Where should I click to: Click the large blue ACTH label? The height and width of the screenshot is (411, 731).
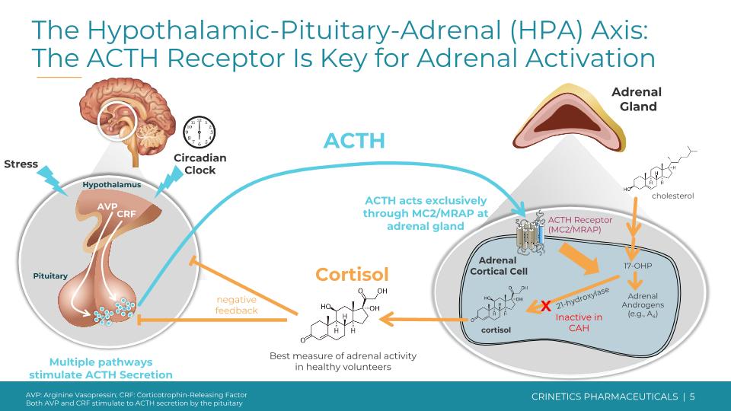tap(354, 141)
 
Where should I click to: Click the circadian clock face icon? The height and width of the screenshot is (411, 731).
tap(200, 132)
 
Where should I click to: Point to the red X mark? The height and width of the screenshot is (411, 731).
tap(545, 307)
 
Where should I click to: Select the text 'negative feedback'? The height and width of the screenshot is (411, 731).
tap(236, 304)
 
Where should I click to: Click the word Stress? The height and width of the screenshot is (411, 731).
tap(21, 164)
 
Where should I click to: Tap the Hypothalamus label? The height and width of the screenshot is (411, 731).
tap(111, 184)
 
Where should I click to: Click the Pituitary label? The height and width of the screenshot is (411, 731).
tap(50, 276)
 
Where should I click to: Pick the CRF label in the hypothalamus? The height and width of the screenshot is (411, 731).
tap(126, 214)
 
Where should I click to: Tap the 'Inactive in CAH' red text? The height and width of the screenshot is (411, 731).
tap(578, 323)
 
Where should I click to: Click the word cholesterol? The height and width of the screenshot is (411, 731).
tap(672, 196)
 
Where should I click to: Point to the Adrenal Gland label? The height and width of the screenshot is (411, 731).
tap(637, 100)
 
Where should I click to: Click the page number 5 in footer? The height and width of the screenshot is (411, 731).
tap(692, 397)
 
